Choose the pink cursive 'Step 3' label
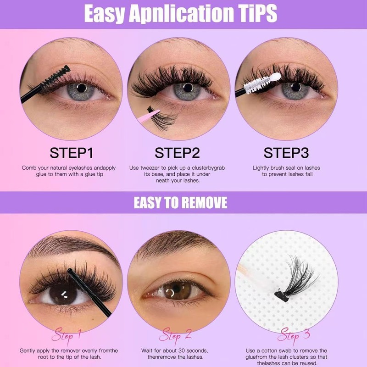point(293,334)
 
